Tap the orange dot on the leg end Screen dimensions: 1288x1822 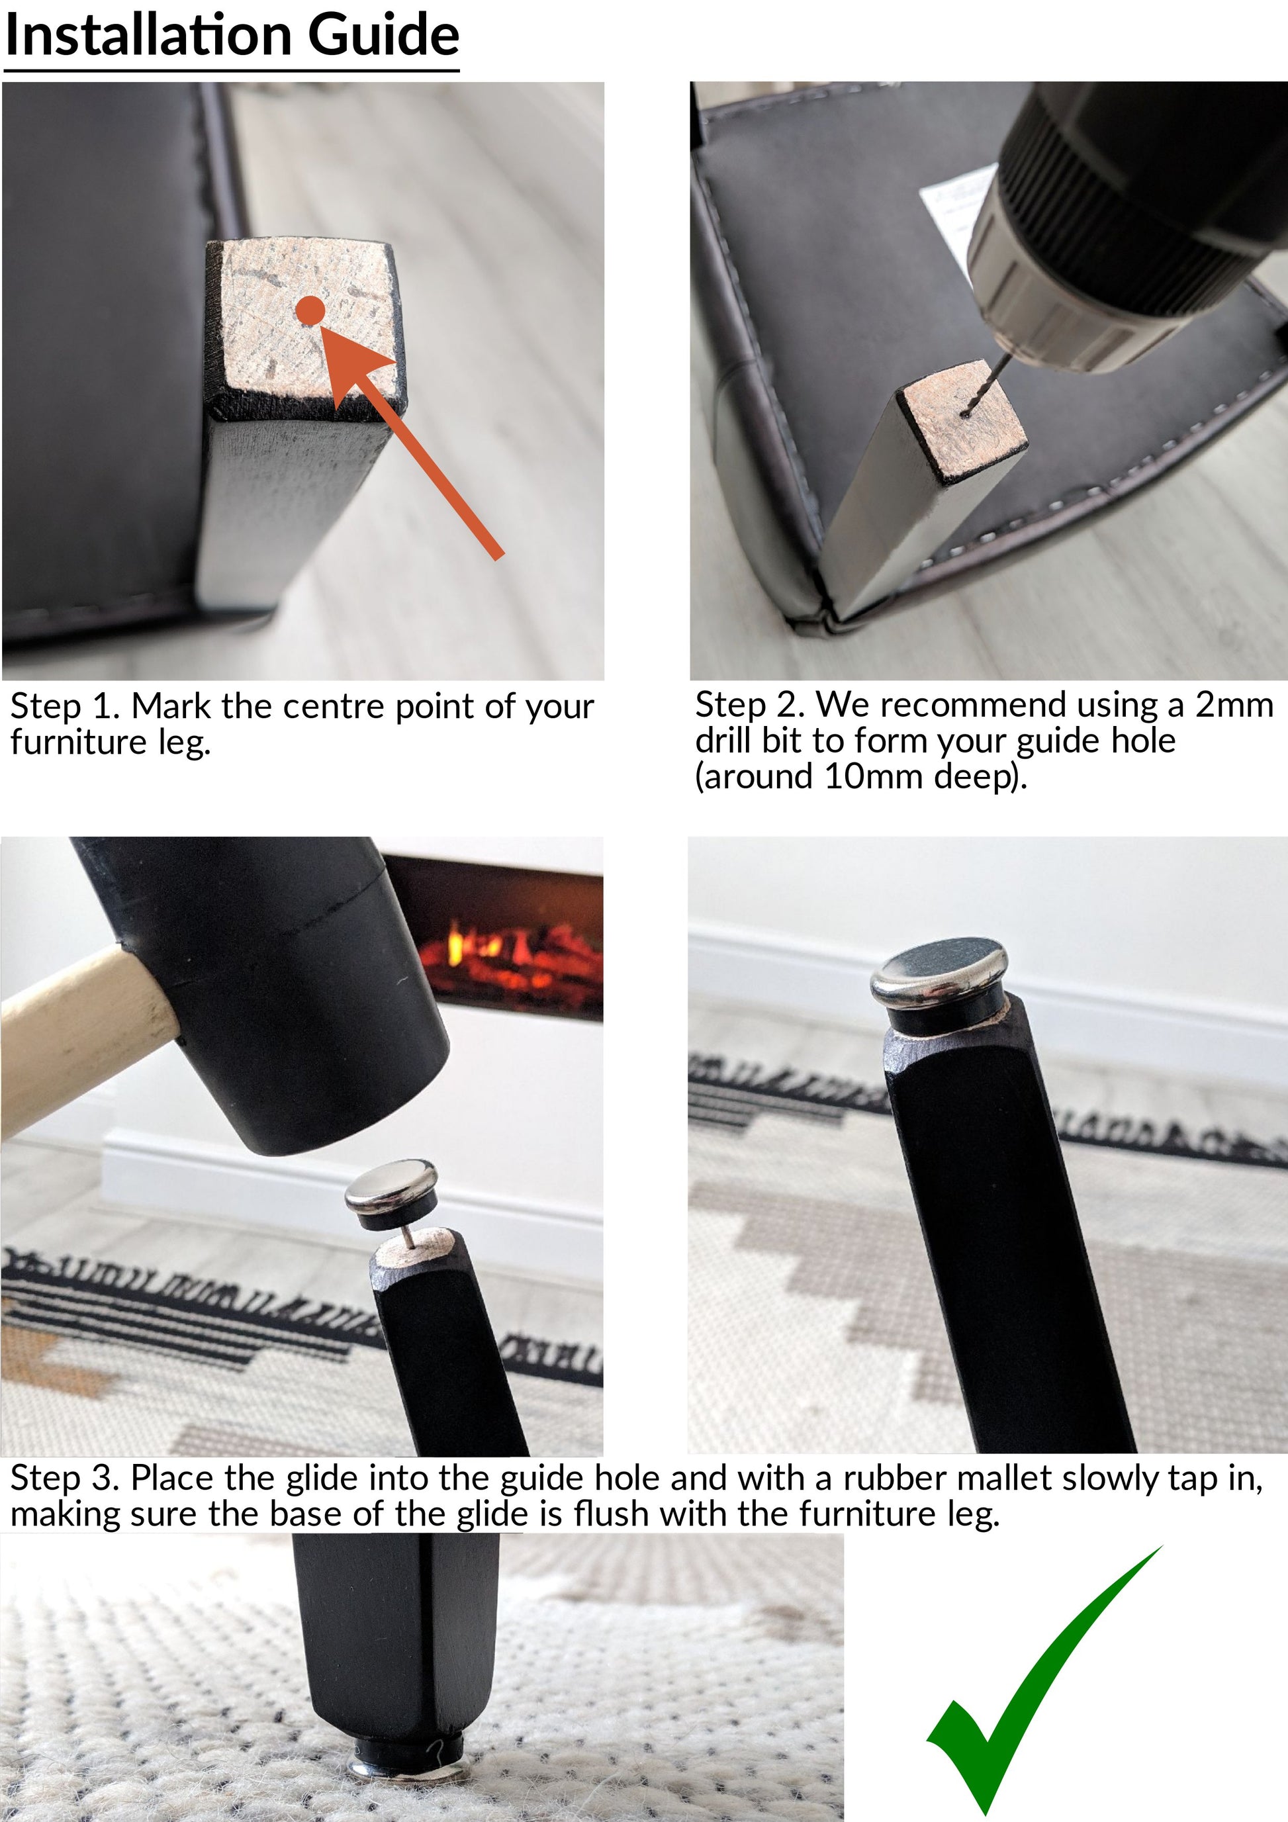pyautogui.click(x=310, y=310)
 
